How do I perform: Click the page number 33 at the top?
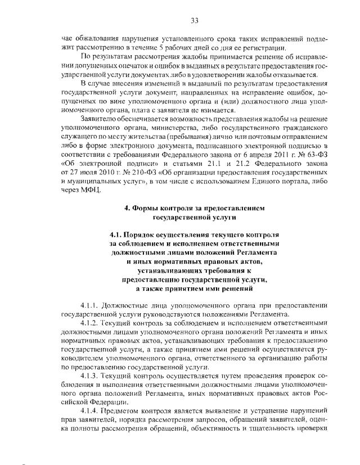point(194,21)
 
